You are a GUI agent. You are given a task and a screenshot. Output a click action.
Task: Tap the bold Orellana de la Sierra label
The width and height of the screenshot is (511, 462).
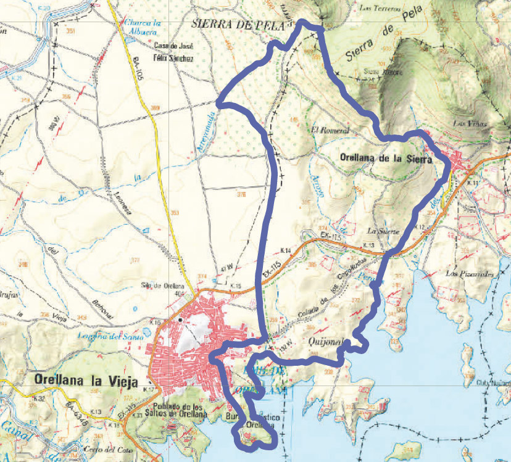point(386,157)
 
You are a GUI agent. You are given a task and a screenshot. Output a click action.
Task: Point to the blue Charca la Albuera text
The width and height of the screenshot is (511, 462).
point(143,28)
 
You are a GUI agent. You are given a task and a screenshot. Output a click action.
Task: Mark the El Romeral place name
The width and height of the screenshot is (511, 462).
point(331,131)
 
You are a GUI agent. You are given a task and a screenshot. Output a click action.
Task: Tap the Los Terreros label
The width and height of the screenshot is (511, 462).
point(380,9)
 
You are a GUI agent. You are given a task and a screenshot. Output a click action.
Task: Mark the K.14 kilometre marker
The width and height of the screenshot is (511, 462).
point(285,250)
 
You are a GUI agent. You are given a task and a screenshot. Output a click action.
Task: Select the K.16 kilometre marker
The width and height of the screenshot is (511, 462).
point(155,322)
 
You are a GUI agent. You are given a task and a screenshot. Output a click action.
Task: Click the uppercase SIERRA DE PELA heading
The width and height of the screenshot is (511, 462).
point(238,25)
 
